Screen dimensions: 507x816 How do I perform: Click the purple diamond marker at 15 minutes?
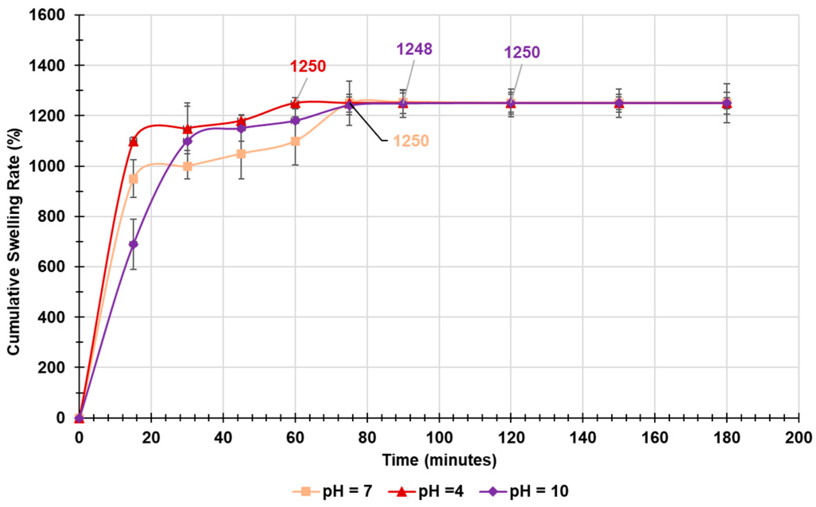(x=133, y=244)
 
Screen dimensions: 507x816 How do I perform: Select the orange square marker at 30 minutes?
(x=187, y=166)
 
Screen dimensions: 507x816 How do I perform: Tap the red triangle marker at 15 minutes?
(x=133, y=142)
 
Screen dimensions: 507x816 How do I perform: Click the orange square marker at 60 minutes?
(x=295, y=141)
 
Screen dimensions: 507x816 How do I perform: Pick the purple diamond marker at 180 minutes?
(x=727, y=104)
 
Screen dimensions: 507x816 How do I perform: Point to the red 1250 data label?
(x=308, y=66)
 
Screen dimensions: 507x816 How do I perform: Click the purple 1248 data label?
(x=414, y=49)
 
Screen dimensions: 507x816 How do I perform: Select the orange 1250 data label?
(x=411, y=141)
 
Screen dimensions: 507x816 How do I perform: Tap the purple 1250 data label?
(x=522, y=52)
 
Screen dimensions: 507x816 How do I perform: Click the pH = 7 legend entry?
(x=333, y=491)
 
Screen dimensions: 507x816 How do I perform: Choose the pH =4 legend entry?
(x=426, y=491)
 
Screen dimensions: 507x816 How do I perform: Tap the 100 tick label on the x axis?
(x=439, y=438)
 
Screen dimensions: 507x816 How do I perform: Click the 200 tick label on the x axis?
(x=798, y=438)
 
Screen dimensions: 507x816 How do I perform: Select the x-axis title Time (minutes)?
(x=439, y=460)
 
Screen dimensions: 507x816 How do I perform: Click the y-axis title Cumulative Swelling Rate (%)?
(x=14, y=241)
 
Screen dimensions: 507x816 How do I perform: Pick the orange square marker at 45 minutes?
(x=241, y=154)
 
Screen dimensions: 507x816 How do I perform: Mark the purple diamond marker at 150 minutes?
(x=619, y=104)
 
